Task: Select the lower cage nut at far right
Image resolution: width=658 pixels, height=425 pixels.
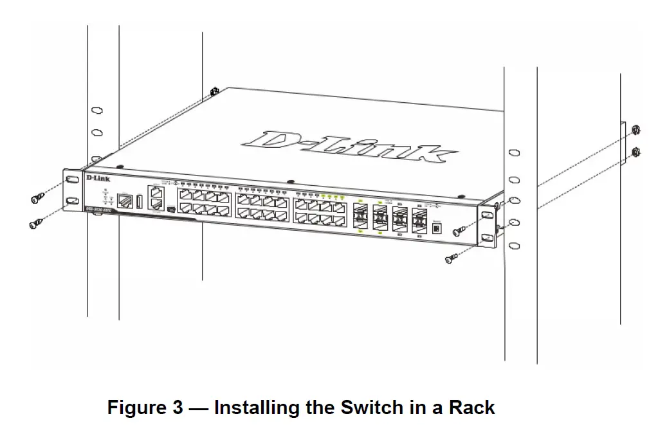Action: [635, 152]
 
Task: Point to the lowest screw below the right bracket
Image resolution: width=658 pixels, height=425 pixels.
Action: [453, 258]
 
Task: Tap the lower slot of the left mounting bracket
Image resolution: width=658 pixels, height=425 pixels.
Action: [71, 202]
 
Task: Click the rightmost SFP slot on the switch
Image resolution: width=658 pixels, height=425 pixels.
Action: [419, 219]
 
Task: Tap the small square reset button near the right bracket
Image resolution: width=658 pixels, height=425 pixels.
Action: [438, 228]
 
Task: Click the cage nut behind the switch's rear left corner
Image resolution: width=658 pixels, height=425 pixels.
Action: [214, 92]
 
